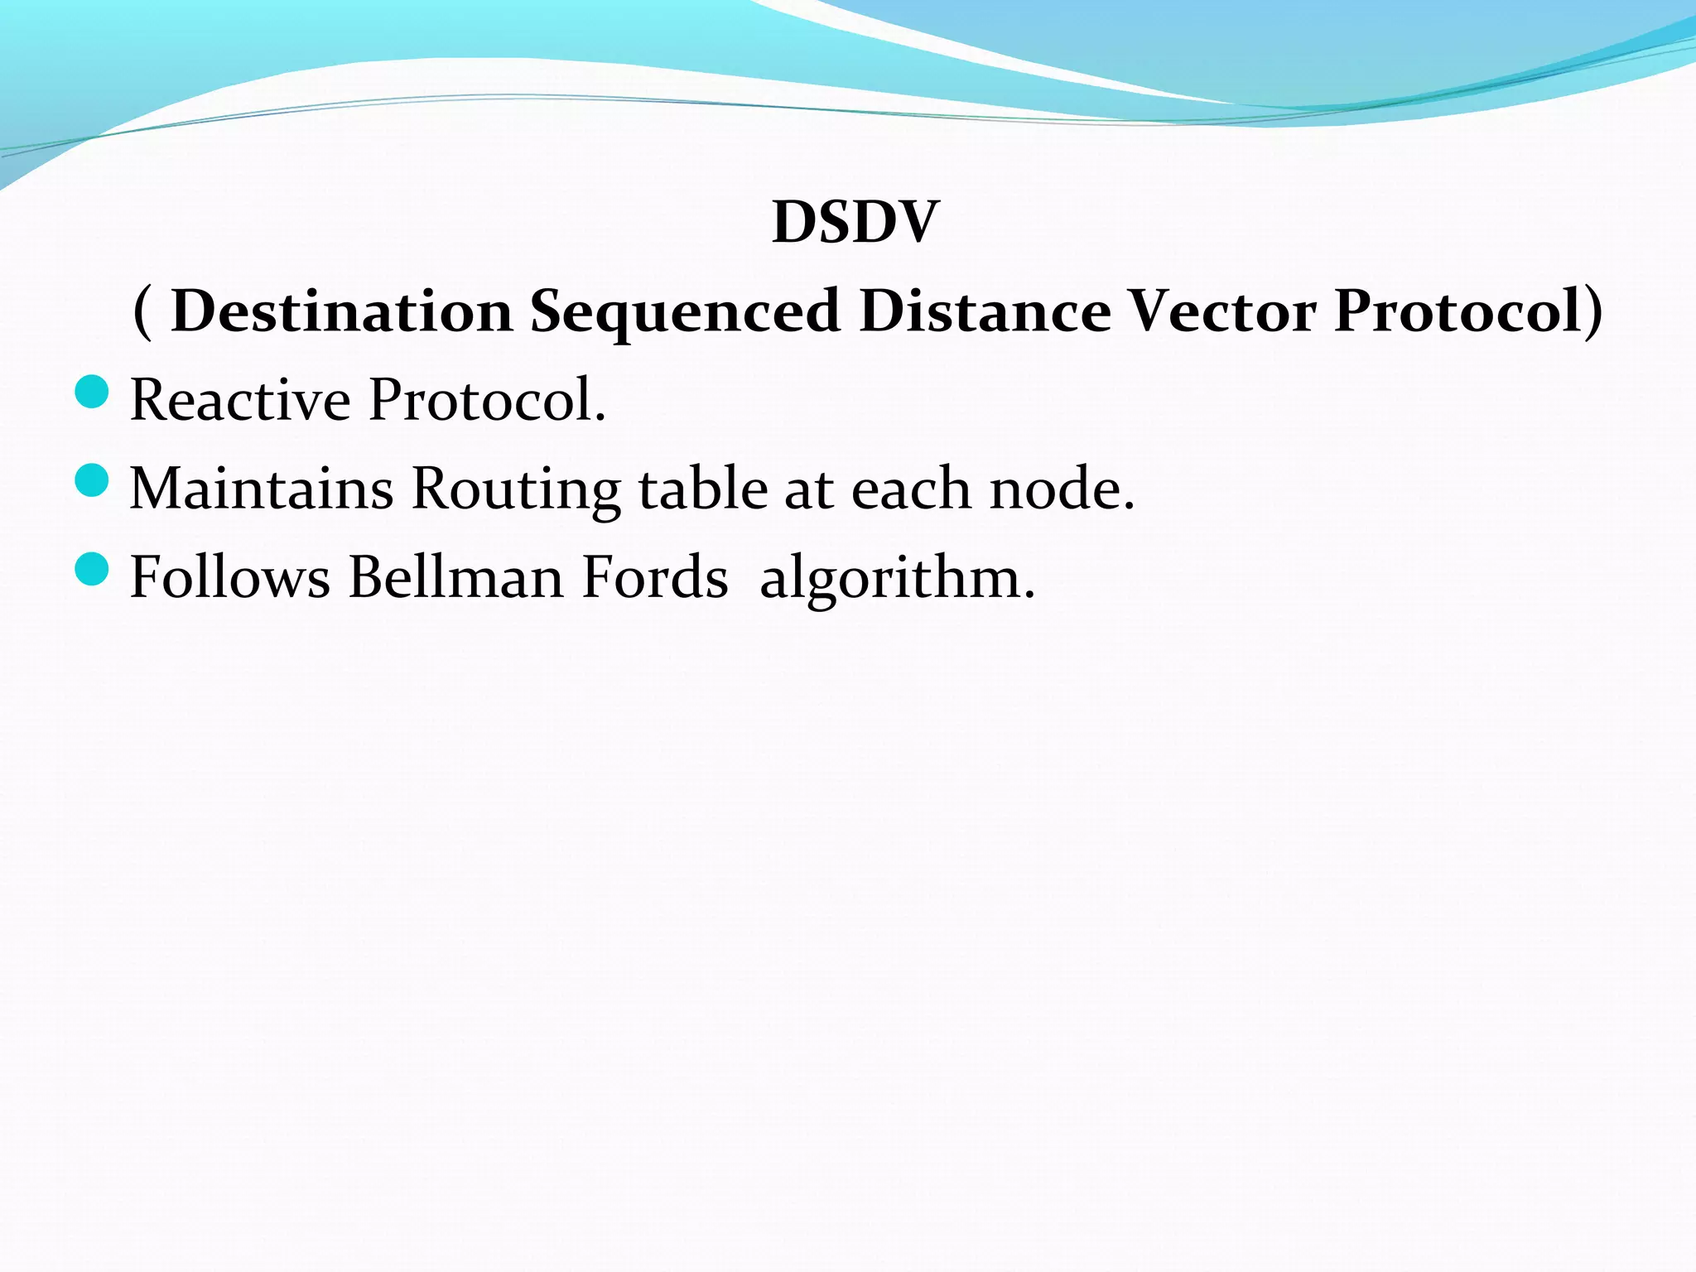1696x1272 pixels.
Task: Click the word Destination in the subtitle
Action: click(x=341, y=311)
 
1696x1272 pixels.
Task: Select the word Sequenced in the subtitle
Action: click(x=685, y=313)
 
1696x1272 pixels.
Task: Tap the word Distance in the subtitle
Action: click(x=985, y=311)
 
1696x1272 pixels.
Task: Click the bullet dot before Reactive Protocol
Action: click(x=91, y=392)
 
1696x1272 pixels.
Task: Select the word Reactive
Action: click(x=240, y=400)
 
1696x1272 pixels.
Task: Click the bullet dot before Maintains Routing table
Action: click(x=91, y=480)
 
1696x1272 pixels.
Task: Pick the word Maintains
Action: click(x=262, y=489)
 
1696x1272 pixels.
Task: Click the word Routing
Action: click(x=516, y=490)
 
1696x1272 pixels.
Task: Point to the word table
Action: click(x=703, y=489)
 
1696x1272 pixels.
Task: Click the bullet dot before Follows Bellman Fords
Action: click(x=91, y=569)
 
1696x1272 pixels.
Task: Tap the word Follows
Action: click(x=230, y=577)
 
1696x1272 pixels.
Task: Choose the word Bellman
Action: click(x=456, y=577)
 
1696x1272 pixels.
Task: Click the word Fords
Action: click(x=655, y=577)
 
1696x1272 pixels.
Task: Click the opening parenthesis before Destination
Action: click(x=142, y=311)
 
